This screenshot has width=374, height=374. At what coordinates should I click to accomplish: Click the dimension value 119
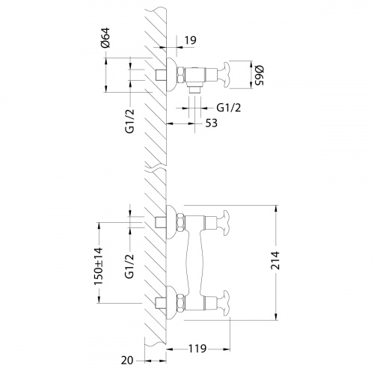[197, 349]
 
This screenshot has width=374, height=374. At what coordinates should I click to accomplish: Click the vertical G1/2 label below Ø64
[130, 119]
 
